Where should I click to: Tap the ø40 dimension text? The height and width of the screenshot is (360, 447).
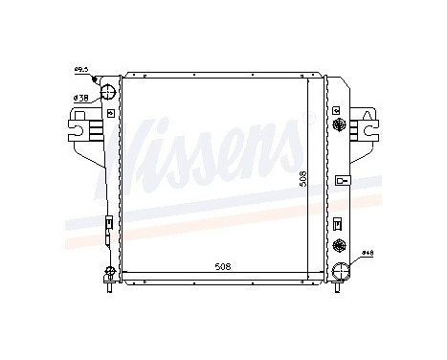(368, 254)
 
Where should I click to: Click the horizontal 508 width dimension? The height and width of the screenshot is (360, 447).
(223, 267)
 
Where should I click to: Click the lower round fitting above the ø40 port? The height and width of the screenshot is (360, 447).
(337, 246)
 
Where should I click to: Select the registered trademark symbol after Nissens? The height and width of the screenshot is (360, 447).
(307, 121)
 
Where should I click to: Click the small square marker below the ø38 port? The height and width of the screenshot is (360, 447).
(112, 114)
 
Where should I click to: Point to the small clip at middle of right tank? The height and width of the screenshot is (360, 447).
(340, 181)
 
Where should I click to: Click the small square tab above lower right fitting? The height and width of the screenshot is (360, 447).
(337, 223)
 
